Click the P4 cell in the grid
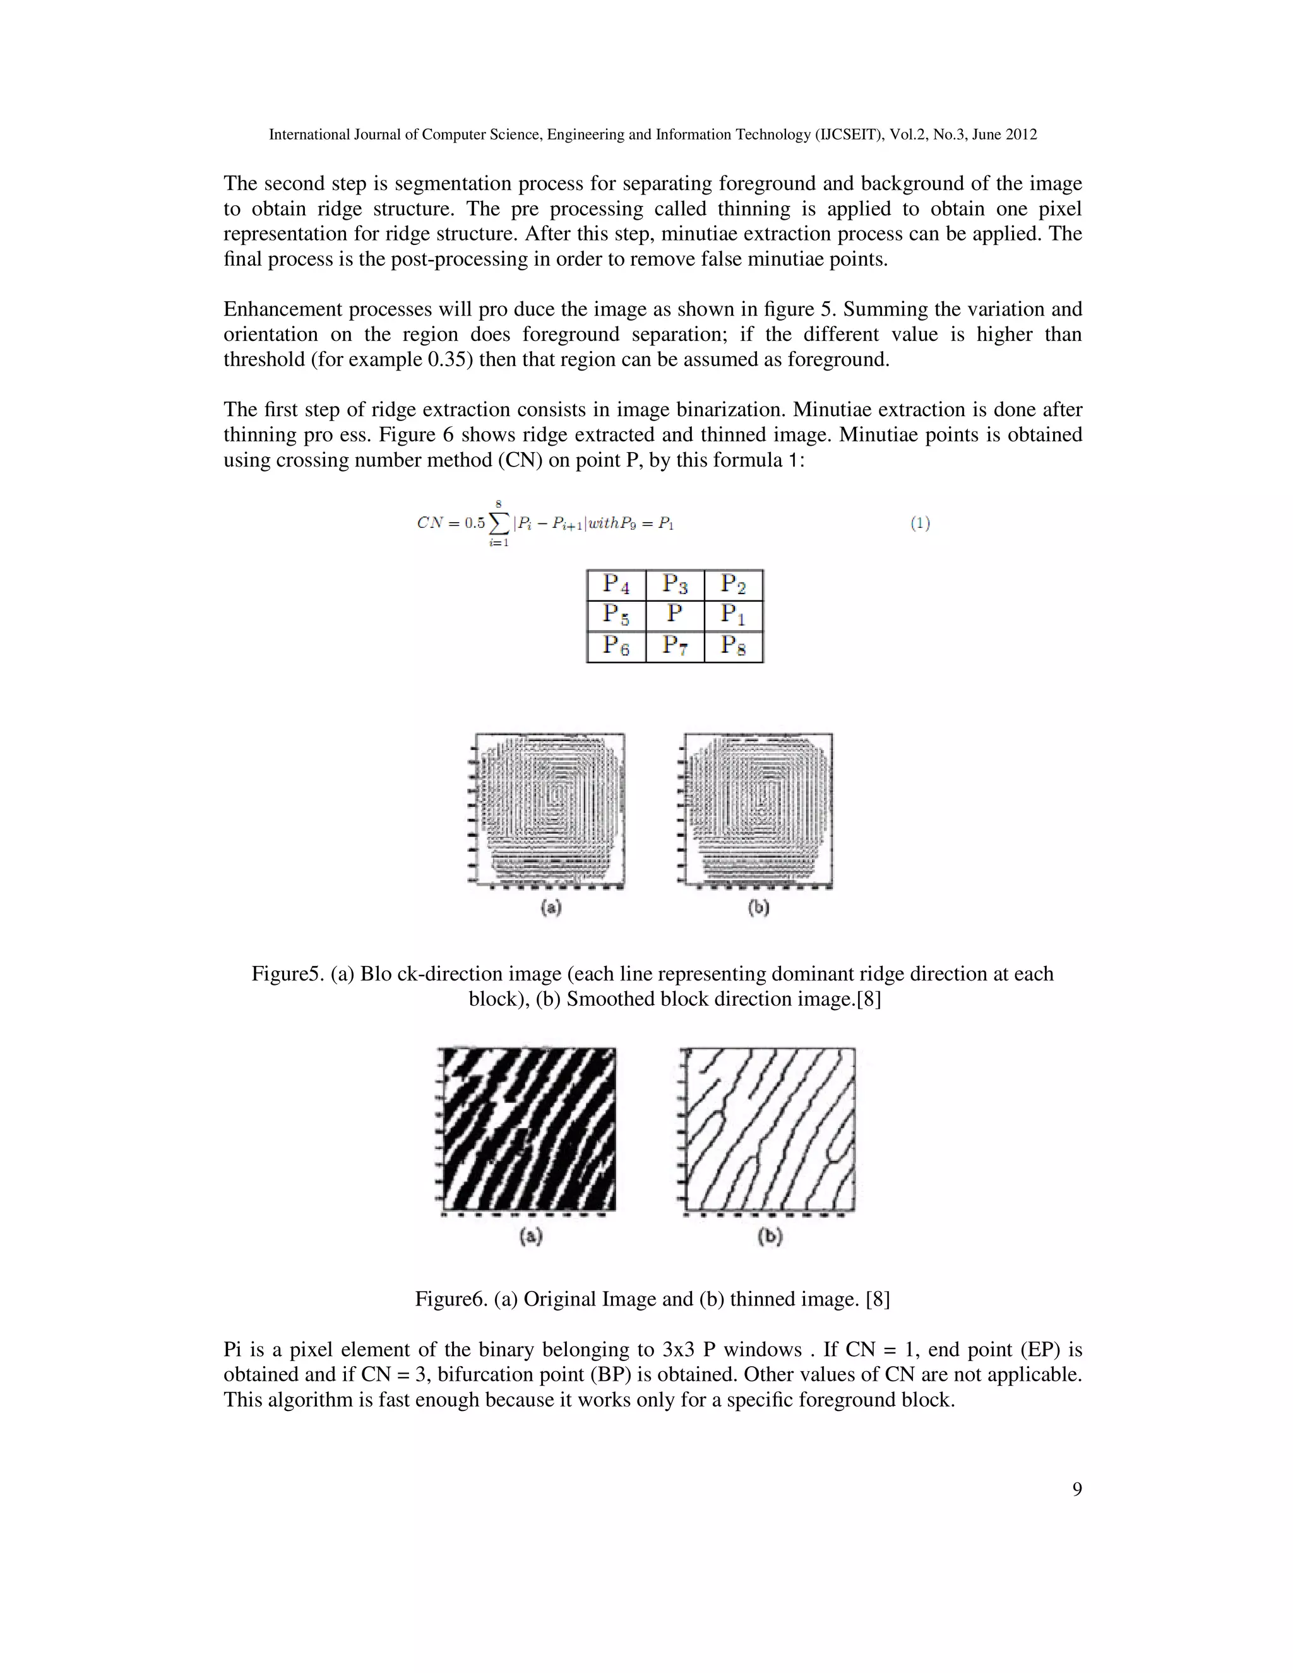pyautogui.click(x=616, y=585)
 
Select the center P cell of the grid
pyautogui.click(x=675, y=614)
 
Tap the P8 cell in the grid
pyautogui.click(x=734, y=646)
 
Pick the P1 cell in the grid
pyautogui.click(x=734, y=614)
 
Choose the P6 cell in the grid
pyautogui.click(x=616, y=646)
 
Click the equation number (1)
pyautogui.click(x=920, y=523)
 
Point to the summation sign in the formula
pyautogui.click(x=499, y=524)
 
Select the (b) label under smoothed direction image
pyautogui.click(x=758, y=908)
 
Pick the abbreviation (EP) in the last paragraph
pyautogui.click(x=1042, y=1349)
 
